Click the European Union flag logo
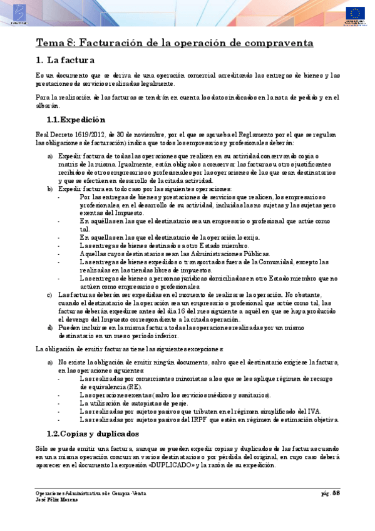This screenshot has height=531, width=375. (x=357, y=13)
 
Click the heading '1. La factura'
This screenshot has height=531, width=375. (x=65, y=61)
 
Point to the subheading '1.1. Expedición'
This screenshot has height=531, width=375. (x=76, y=120)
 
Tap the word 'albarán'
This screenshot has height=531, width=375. (x=45, y=106)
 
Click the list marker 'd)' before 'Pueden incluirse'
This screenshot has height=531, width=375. (x=50, y=327)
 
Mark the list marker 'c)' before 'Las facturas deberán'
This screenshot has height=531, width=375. (x=50, y=294)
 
